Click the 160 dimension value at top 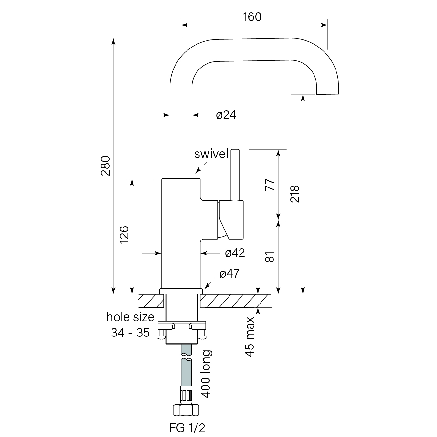(252, 17)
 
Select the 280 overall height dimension (106, 166)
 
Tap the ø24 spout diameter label (226, 115)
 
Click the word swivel (211, 154)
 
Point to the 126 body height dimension (124, 235)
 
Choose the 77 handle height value (270, 185)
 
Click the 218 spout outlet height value (294, 194)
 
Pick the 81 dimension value (270, 257)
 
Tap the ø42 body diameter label (235, 253)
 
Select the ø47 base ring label (229, 274)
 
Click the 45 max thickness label (250, 336)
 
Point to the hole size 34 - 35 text (130, 325)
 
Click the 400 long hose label (206, 374)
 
